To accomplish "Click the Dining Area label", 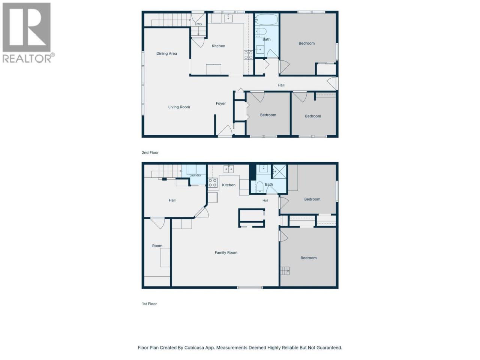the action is [x=166, y=54].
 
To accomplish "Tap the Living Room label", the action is [x=179, y=107].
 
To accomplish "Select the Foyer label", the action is [x=220, y=103].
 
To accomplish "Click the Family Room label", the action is [x=226, y=253].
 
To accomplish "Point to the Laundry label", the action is [x=195, y=175].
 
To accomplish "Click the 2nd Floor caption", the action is [x=150, y=153].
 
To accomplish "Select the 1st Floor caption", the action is [x=149, y=304].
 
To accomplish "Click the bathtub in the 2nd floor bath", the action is [x=267, y=19].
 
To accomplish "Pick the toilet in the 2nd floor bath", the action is [x=261, y=32].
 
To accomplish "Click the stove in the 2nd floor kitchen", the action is [x=248, y=55].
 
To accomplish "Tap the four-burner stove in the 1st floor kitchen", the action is [x=213, y=183].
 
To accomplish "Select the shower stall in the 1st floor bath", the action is [x=279, y=172].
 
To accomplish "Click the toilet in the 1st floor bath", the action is [x=260, y=187].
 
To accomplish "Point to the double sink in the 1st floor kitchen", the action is [x=228, y=169].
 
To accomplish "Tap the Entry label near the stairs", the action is [x=198, y=24].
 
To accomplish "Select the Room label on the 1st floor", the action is [x=157, y=246].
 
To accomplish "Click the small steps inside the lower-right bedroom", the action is [x=285, y=271].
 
